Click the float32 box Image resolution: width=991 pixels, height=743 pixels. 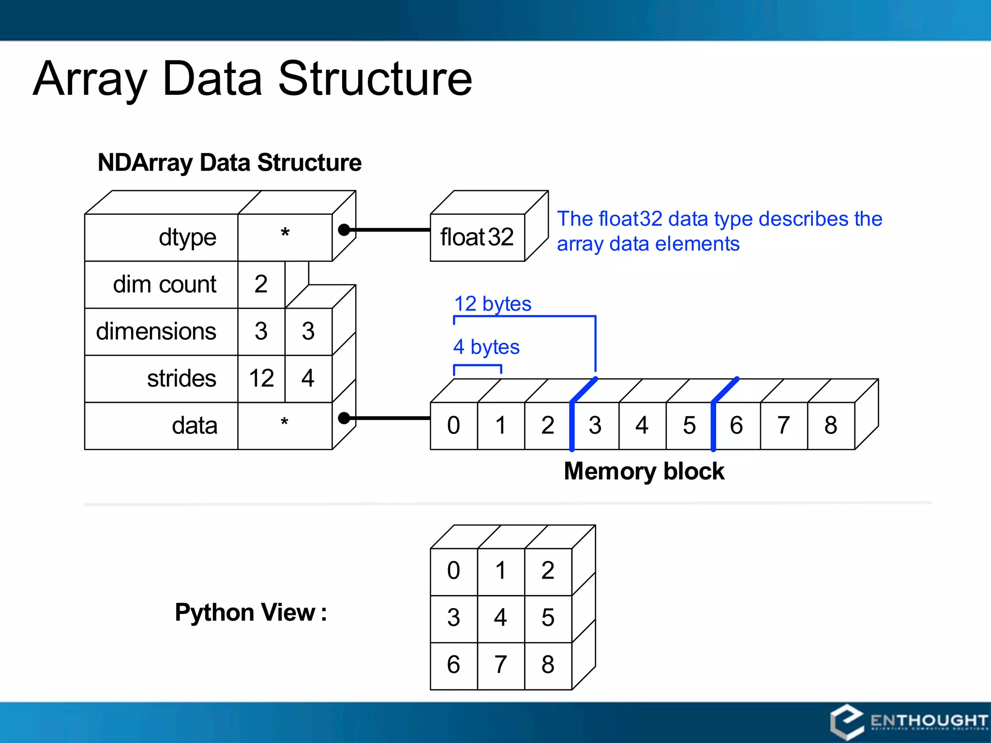(x=477, y=237)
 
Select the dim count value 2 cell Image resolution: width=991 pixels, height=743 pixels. (x=261, y=284)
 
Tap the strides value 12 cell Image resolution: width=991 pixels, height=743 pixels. (x=261, y=378)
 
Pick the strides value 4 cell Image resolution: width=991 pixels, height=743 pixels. (x=308, y=378)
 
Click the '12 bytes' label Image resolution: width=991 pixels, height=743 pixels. (x=493, y=304)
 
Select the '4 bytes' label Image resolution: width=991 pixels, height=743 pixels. (x=486, y=347)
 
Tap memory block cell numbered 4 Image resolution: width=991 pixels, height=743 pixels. (x=642, y=426)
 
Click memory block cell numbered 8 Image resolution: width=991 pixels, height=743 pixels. (x=831, y=426)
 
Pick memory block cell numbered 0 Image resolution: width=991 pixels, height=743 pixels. (x=453, y=426)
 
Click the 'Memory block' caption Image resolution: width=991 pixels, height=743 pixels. (x=644, y=471)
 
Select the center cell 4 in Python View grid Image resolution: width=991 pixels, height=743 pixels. (x=501, y=618)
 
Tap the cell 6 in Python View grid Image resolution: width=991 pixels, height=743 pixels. (x=453, y=665)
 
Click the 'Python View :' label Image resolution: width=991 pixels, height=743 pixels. (x=251, y=612)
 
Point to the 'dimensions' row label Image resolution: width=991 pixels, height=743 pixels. (x=156, y=332)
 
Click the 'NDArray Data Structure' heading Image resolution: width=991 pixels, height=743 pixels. (x=229, y=163)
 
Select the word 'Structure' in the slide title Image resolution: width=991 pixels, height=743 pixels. (x=375, y=79)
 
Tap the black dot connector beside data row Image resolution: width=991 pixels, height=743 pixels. (x=344, y=418)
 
